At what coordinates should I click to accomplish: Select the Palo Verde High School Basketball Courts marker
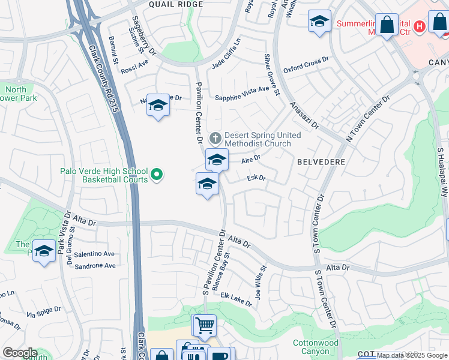click(x=157, y=175)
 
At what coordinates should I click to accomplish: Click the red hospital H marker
click(x=419, y=26)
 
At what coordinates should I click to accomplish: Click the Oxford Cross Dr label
click(x=306, y=65)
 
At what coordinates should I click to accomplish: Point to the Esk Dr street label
click(x=256, y=178)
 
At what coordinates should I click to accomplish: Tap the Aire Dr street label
click(x=250, y=160)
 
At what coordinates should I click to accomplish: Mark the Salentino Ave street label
click(x=94, y=254)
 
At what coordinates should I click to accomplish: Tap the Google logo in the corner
click(x=19, y=353)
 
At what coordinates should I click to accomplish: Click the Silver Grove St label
click(x=271, y=74)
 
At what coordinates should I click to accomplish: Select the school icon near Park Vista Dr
click(x=44, y=252)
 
